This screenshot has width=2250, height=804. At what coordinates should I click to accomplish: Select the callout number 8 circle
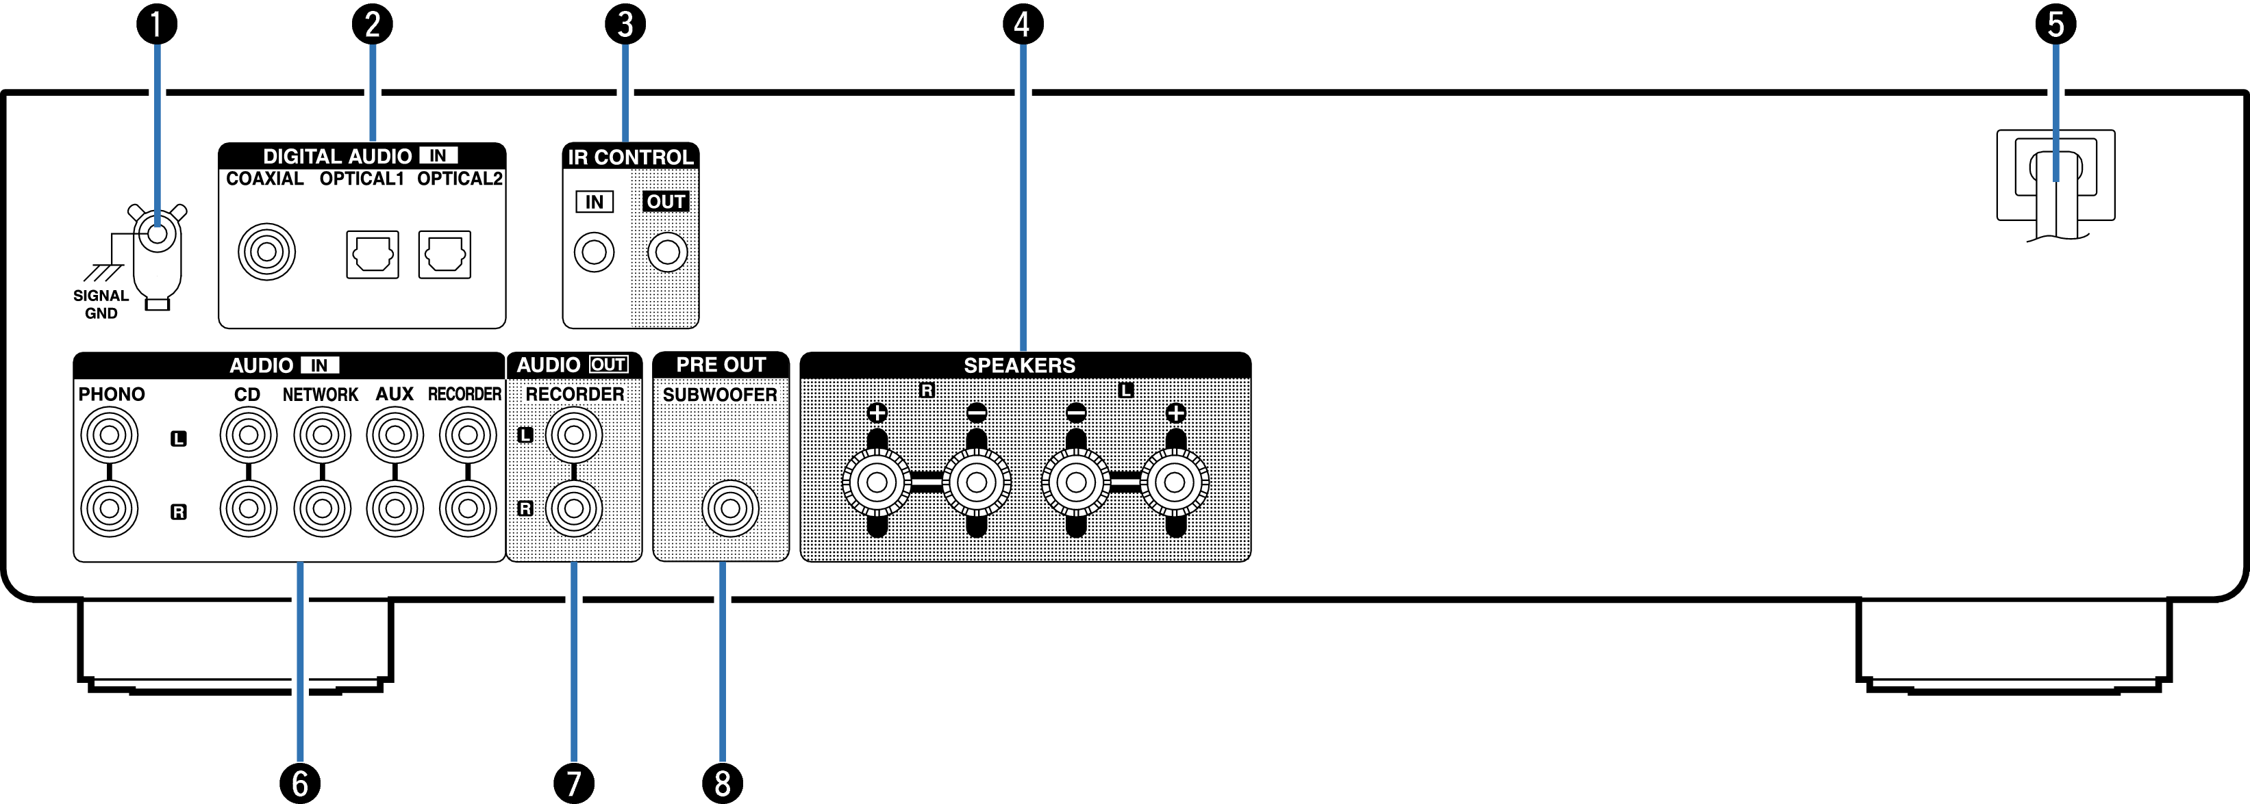pyautogui.click(x=723, y=783)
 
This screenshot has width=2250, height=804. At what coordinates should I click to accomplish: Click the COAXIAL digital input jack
pyautogui.click(x=266, y=252)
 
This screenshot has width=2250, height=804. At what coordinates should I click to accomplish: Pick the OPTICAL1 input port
pyautogui.click(x=372, y=254)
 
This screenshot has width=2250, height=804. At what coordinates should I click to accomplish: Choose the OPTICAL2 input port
pyautogui.click(x=445, y=254)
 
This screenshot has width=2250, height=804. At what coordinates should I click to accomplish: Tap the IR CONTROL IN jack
pyautogui.click(x=594, y=252)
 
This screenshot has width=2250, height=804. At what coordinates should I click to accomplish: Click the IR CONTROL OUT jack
pyautogui.click(x=667, y=252)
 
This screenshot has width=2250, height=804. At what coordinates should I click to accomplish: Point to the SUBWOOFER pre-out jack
pyautogui.click(x=730, y=508)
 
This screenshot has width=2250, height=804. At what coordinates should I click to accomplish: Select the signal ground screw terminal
pyautogui.click(x=158, y=233)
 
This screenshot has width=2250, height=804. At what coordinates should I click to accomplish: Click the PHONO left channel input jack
pyautogui.click(x=109, y=435)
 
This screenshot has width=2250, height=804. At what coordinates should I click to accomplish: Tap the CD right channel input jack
pyautogui.click(x=248, y=508)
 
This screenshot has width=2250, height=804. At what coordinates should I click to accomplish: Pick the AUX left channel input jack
pyautogui.click(x=395, y=435)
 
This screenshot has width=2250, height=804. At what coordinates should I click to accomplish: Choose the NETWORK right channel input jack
pyautogui.click(x=323, y=508)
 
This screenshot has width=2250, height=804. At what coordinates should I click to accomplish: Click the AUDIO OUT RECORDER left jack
pyautogui.click(x=574, y=435)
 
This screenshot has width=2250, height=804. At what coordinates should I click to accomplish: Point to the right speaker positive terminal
pyautogui.click(x=877, y=482)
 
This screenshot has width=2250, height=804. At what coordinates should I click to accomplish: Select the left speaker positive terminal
pyautogui.click(x=1175, y=482)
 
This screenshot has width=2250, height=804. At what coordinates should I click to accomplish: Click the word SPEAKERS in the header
pyautogui.click(x=1019, y=365)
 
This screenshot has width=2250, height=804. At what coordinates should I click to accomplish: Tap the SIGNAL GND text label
pyautogui.click(x=101, y=304)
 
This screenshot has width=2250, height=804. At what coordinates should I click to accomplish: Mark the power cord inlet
pyautogui.click(x=2055, y=175)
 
